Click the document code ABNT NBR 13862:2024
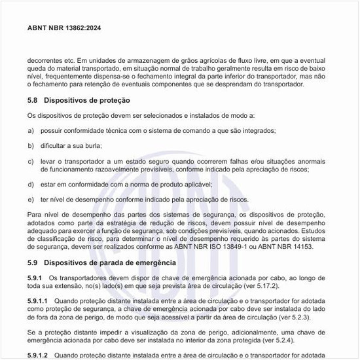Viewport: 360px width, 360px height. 64,29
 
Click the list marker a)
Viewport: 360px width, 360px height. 31,130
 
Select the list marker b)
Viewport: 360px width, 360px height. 31,145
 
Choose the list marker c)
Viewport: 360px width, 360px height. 31,160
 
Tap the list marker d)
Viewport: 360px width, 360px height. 31,184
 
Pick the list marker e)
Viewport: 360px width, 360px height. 31,199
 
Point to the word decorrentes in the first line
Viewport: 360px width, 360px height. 46,61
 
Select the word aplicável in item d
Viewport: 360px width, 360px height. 194,184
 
